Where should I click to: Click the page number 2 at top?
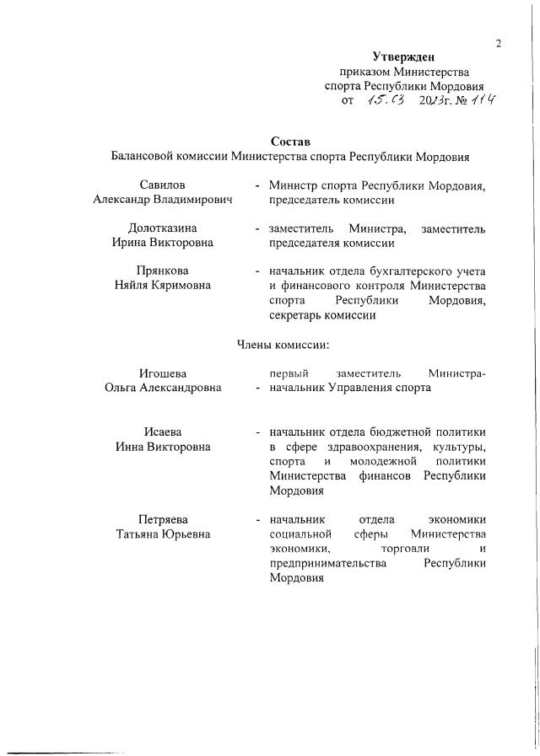pos(499,45)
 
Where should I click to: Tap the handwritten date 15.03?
pos(385,100)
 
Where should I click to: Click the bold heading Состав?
pos(290,141)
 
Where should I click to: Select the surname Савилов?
pos(164,185)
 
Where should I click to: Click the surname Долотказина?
pos(164,228)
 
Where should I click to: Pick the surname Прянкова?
pos(164,271)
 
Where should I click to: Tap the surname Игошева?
pos(163,373)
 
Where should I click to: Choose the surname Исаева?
pos(164,432)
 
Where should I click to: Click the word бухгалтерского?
pos(404,271)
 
